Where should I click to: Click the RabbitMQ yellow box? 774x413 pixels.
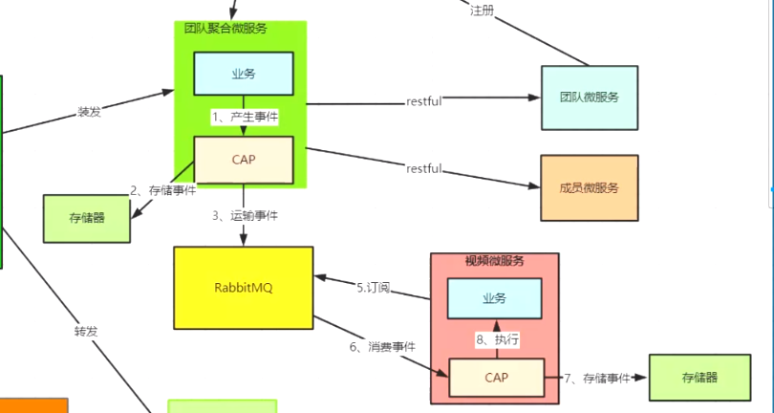click(244, 288)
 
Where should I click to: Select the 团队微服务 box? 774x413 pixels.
click(589, 98)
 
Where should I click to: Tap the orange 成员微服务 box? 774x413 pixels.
click(589, 187)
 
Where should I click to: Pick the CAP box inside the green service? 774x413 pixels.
click(244, 160)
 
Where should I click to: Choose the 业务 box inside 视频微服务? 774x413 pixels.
click(494, 298)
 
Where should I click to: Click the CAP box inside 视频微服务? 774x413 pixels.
click(496, 378)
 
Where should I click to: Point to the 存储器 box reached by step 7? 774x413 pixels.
click(699, 378)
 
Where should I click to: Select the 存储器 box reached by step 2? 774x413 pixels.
click(87, 218)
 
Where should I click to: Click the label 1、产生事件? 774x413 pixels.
click(246, 117)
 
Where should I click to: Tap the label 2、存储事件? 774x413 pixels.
click(163, 191)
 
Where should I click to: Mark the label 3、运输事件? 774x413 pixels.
click(246, 216)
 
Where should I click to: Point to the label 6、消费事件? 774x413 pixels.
click(383, 346)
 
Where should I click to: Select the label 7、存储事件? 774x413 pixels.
click(597, 379)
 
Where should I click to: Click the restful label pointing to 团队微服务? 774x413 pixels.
click(424, 101)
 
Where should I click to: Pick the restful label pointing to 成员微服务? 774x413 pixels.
click(424, 169)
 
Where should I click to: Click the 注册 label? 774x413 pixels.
click(482, 11)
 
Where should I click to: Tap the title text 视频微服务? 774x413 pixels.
click(494, 261)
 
